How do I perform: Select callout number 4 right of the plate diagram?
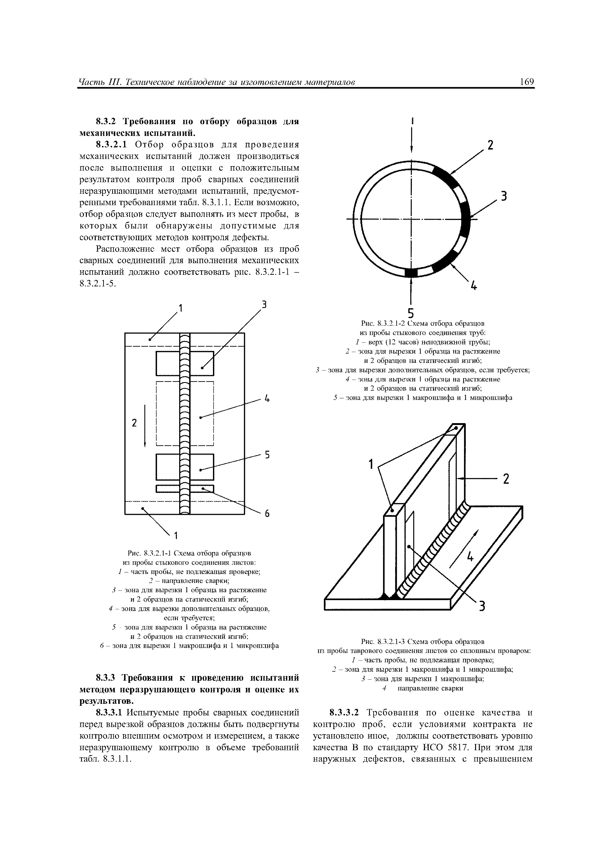tap(267, 399)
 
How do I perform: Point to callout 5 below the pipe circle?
tap(411, 313)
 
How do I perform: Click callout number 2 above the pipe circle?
tap(490, 145)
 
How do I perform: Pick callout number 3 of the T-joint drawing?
tap(481, 607)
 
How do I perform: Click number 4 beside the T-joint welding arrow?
tap(470, 556)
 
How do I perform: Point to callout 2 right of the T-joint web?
tap(506, 479)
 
